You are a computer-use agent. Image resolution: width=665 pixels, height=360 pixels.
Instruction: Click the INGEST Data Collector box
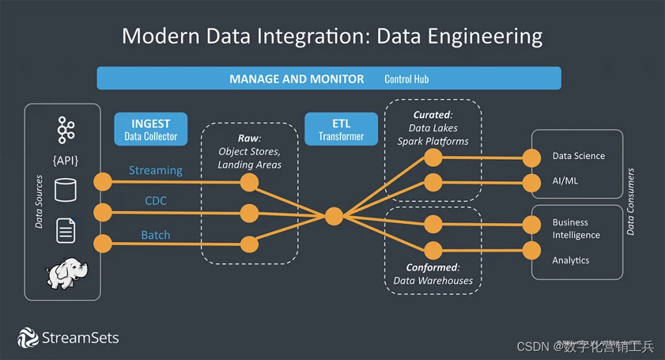tap(151, 129)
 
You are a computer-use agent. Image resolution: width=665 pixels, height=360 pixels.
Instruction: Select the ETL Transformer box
tap(341, 129)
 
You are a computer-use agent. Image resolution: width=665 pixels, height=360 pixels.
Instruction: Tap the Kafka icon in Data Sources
tap(65, 129)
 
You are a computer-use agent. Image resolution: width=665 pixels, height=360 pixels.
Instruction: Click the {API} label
tap(65, 160)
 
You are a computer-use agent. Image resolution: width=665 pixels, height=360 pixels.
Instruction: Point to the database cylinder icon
tap(65, 190)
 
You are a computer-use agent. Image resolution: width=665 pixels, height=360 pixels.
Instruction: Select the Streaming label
tap(155, 170)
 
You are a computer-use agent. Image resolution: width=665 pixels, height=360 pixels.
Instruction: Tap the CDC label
tap(156, 201)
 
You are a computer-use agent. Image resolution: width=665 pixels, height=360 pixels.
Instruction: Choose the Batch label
tap(156, 235)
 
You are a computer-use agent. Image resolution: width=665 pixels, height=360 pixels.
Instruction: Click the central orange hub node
tap(334, 216)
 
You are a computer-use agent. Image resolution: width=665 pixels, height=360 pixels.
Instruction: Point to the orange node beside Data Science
tap(532, 157)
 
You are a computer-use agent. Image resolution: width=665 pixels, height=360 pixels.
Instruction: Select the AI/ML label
tap(565, 181)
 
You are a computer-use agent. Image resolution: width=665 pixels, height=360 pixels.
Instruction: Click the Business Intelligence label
tap(576, 229)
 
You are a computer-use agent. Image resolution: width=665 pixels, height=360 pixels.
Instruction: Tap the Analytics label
tap(571, 260)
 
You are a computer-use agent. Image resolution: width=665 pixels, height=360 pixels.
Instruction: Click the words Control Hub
tap(407, 79)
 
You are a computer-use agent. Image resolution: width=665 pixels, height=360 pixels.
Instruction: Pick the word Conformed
tap(432, 267)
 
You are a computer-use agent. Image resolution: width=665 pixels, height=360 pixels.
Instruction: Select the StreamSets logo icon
tap(28, 338)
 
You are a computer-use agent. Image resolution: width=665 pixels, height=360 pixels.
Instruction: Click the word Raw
tap(248, 138)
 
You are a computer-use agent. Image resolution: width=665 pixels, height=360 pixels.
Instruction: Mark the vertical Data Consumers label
tap(631, 201)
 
